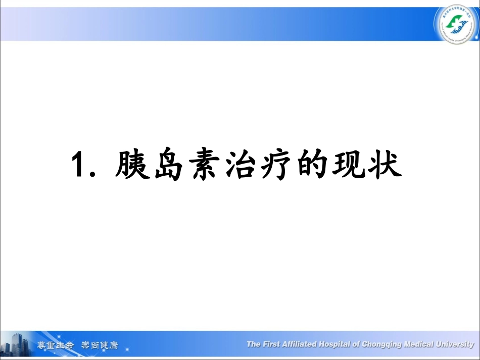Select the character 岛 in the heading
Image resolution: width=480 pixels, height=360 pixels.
click(x=169, y=165)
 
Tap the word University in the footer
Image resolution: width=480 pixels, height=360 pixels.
click(x=452, y=344)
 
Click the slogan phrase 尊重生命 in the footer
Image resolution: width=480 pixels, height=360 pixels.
click(x=55, y=346)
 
